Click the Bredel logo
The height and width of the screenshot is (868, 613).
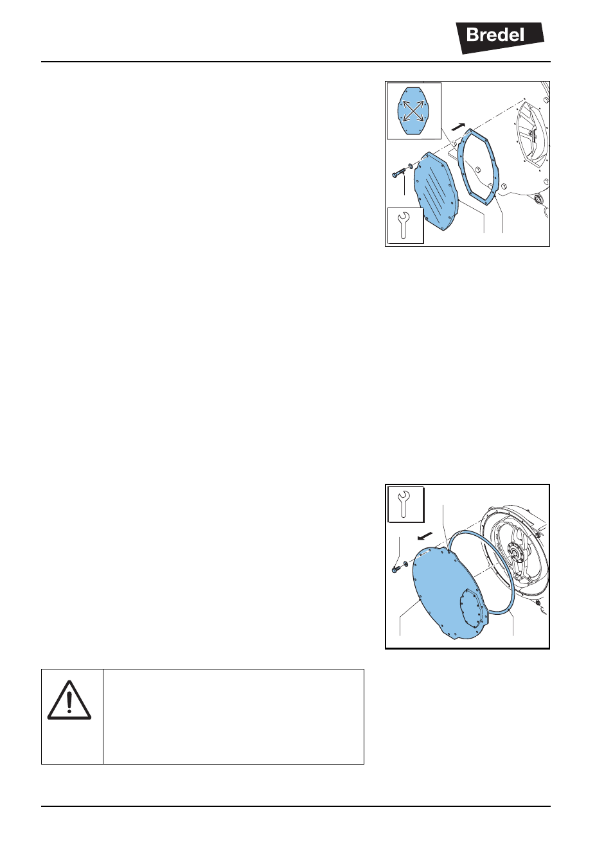tap(499, 37)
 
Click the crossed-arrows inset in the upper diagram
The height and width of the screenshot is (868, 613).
tap(414, 111)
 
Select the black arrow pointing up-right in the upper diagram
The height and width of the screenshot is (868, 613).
tap(458, 127)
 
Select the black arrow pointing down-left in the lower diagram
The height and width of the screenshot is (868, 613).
tap(425, 536)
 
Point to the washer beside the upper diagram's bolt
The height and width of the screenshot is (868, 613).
tap(411, 168)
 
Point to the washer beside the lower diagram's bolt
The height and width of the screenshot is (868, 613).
tap(405, 563)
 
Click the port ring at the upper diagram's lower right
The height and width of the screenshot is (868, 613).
tap(538, 199)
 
